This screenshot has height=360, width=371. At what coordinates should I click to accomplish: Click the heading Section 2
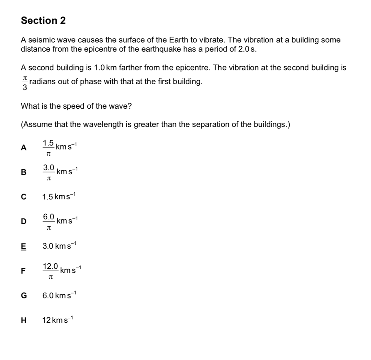point(43,21)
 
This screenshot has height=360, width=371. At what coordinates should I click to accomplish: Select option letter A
point(23,148)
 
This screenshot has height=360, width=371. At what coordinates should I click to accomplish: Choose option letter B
point(23,172)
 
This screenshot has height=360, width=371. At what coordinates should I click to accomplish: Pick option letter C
point(23,197)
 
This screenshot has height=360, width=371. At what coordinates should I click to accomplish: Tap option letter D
point(23,221)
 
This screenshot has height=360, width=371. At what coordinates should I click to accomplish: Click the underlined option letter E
point(23,246)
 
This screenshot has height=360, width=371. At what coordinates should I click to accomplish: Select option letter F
point(23,271)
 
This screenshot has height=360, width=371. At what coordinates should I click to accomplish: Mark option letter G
point(24,295)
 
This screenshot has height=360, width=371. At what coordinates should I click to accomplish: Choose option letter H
point(23,320)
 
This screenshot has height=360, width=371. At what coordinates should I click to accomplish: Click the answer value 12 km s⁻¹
point(57,320)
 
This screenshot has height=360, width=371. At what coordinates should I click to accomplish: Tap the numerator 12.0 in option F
point(50,266)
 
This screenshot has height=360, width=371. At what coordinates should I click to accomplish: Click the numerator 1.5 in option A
point(48,143)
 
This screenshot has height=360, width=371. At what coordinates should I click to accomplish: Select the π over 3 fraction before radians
point(25,83)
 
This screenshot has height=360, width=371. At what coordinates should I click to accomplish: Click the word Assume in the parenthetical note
point(35,124)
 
